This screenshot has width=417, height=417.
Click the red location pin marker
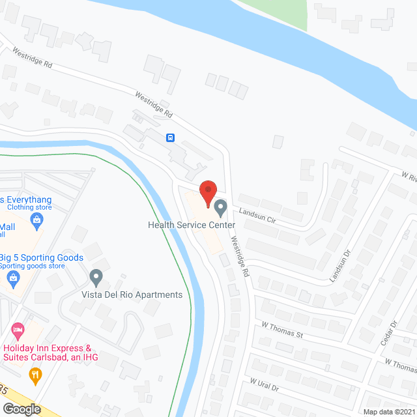[208, 192]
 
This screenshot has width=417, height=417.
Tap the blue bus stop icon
[170, 137]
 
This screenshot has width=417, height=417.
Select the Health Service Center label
[191, 225]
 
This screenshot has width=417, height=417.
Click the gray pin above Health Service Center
[220, 208]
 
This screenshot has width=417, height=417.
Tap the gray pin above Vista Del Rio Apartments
[96, 278]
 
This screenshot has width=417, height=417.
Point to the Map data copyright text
[389, 411]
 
